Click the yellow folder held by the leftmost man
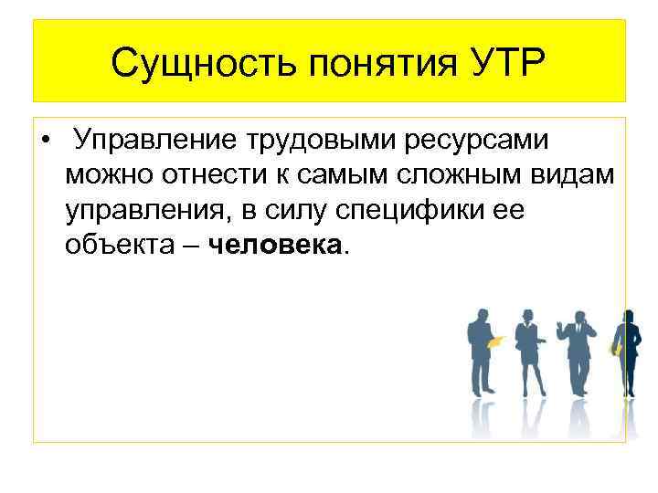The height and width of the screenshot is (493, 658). coord(495,341)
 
